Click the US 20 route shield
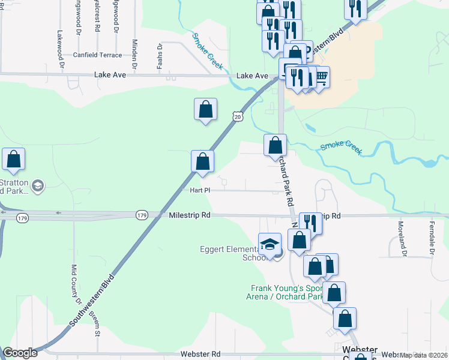point(238,117)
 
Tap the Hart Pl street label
point(199,190)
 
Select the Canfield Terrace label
point(97,55)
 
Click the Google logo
point(20,353)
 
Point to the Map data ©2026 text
point(423,355)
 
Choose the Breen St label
point(94,317)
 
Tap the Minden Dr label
point(134,53)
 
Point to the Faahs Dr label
point(160,56)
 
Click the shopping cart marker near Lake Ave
point(321,76)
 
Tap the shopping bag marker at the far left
point(14,160)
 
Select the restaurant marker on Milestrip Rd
point(310,223)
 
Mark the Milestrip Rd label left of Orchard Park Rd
point(189,215)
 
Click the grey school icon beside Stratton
point(37,186)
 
